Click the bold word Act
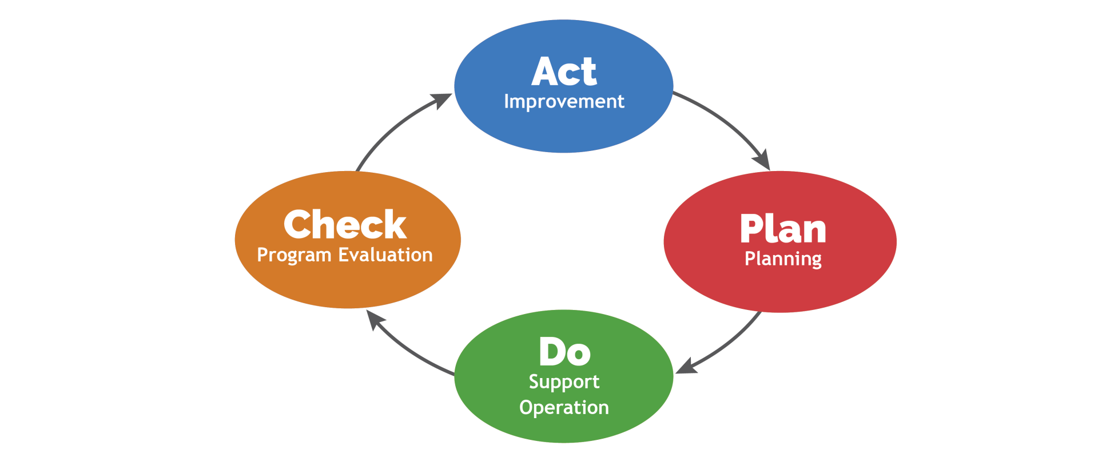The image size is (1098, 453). (x=564, y=72)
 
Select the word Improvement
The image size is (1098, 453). (x=564, y=102)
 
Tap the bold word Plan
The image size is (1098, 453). (x=783, y=229)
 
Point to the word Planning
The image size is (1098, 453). (x=783, y=259)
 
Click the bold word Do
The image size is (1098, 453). (x=564, y=352)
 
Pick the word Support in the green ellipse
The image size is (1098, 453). (x=564, y=382)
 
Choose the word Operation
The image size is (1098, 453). (x=564, y=408)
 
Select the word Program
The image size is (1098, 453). (x=294, y=255)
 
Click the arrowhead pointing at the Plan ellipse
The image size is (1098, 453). (x=763, y=161)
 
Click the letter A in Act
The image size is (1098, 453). (x=544, y=72)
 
